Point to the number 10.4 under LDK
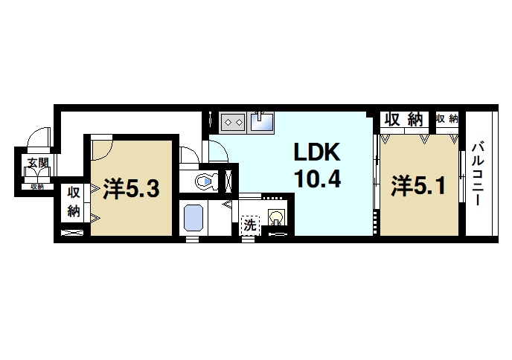coord(316,179)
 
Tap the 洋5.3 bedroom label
coord(131,189)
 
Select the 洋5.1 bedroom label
coord(419,184)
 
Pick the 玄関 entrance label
coord(36,161)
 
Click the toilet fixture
coord(205,179)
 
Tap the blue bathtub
coord(194,218)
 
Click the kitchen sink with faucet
coord(262,120)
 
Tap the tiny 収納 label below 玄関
coord(36,187)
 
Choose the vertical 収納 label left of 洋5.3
coord(74,201)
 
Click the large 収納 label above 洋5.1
coord(404,119)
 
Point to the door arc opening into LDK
coord(218,151)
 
